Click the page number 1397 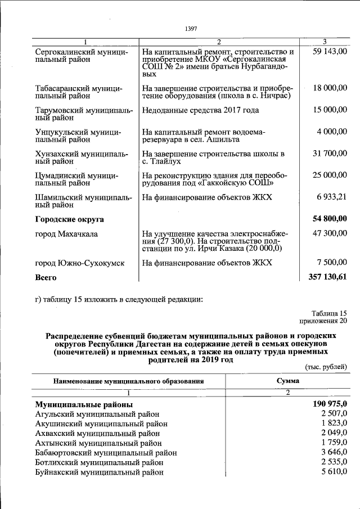tap(191, 29)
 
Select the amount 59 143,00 tap(330, 52)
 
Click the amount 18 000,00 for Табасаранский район tap(330, 88)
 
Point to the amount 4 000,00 tap(332, 131)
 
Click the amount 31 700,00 tap(330, 153)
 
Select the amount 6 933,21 tap(332, 197)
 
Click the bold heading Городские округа tap(69, 219)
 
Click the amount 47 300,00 tap(330, 233)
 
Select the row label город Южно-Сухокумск tap(79, 263)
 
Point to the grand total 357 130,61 tap(328, 277)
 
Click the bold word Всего tap(46, 277)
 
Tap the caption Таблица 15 tap(329, 313)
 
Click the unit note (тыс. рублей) tap(326, 367)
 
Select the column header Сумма tap(287, 381)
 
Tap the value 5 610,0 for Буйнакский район tap(334, 471)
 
